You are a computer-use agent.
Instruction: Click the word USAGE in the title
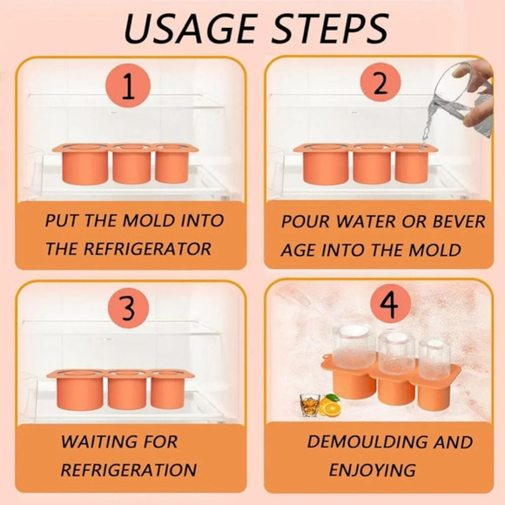(191, 29)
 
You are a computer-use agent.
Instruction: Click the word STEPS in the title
(331, 29)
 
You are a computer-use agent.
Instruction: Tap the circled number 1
(128, 85)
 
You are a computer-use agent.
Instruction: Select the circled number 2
(380, 83)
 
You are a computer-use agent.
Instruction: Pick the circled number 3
(129, 308)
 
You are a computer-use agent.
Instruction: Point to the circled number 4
(391, 305)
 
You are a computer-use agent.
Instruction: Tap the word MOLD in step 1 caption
(150, 220)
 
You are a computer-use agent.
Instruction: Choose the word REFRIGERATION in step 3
(129, 470)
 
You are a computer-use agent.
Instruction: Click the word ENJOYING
(373, 470)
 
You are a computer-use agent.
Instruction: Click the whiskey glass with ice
(310, 405)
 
